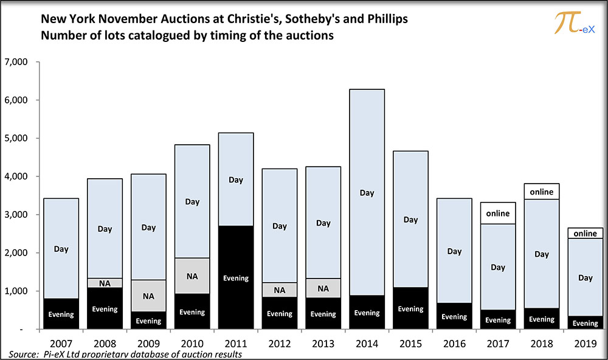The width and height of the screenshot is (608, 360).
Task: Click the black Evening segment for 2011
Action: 236,277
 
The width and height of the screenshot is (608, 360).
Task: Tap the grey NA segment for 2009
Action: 148,296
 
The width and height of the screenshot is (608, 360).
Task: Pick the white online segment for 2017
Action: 498,213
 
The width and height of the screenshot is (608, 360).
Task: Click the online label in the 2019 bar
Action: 585,234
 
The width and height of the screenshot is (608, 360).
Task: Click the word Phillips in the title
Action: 387,19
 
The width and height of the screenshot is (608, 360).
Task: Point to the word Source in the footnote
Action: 23,354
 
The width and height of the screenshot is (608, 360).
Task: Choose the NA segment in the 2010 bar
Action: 192,276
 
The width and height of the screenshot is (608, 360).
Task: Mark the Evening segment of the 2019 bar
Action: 585,323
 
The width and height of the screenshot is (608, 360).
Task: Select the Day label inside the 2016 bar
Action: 454,251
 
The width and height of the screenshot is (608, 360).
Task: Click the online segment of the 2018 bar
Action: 542,192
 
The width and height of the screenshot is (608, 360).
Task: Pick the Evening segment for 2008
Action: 105,308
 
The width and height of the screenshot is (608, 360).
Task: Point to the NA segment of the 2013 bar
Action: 323,288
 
